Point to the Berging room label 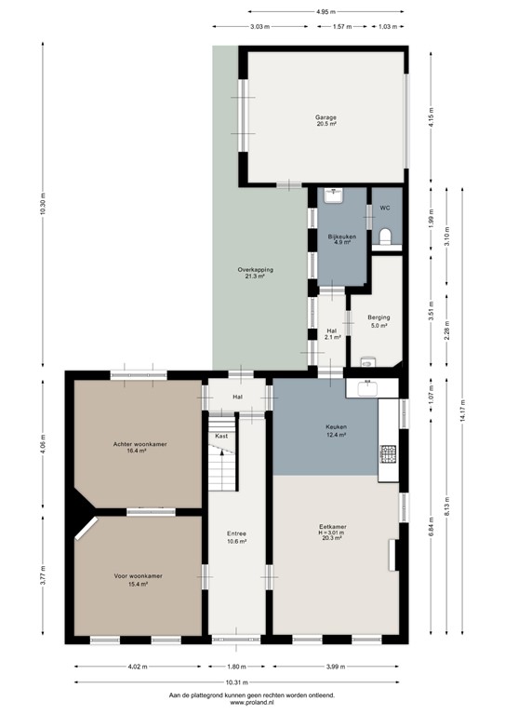[378, 321]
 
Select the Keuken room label [336, 430]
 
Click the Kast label [221, 436]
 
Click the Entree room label [236, 537]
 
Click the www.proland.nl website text [251, 703]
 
